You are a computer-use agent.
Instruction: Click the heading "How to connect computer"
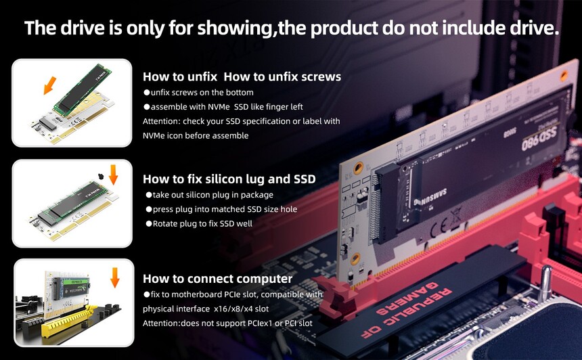tap(217, 279)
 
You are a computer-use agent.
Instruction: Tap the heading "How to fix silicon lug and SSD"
tap(229, 179)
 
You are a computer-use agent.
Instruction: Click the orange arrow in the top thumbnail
tap(49, 85)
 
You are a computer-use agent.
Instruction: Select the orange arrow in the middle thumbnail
tap(113, 175)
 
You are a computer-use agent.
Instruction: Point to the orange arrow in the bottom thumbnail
tap(114, 277)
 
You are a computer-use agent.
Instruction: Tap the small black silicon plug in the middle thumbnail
tap(100, 176)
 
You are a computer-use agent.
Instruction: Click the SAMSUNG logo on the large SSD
tap(430, 197)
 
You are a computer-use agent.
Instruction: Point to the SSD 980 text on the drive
tap(539, 139)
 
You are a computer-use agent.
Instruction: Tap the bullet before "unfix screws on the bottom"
tap(147, 93)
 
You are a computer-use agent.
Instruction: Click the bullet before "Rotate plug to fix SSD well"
tap(149, 223)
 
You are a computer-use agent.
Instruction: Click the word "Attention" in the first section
tap(160, 121)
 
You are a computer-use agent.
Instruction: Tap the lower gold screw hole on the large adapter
tap(355, 258)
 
